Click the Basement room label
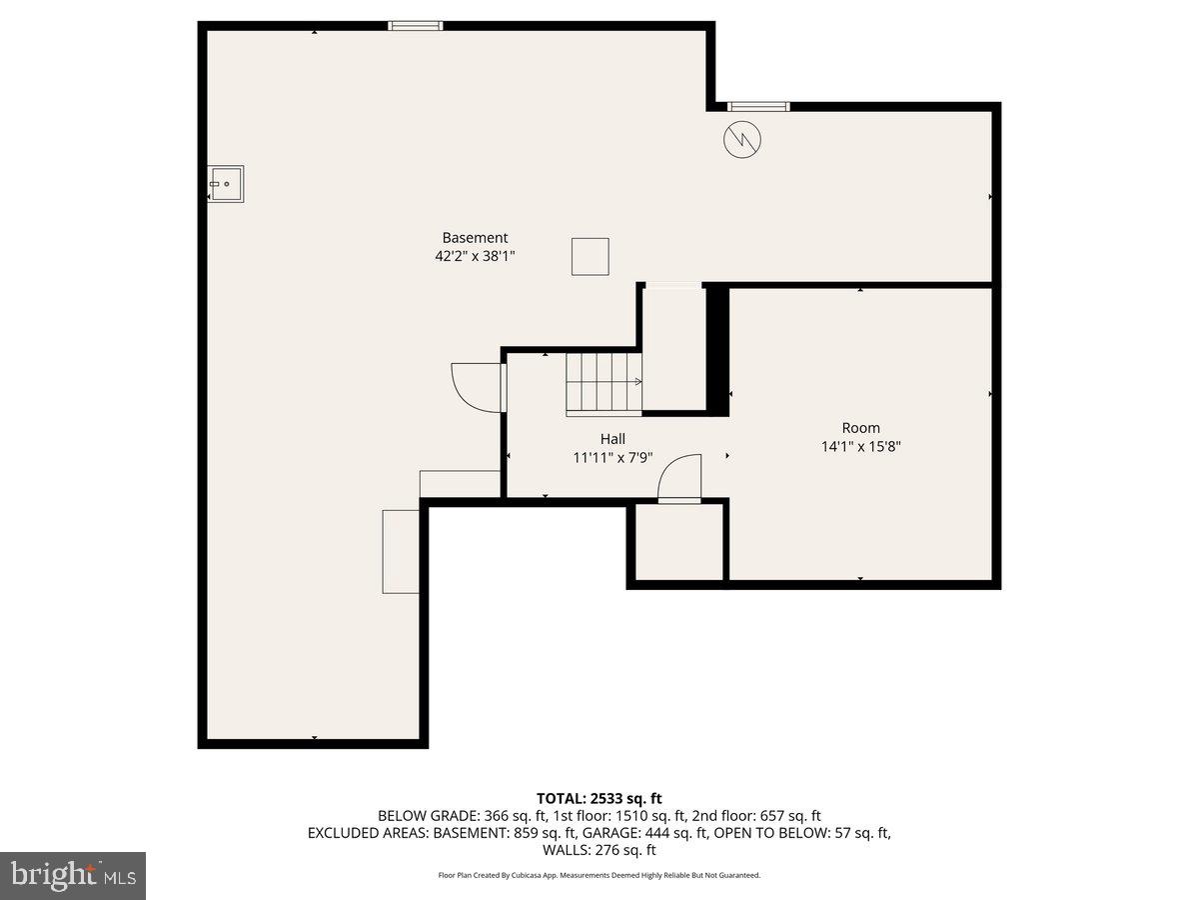475,238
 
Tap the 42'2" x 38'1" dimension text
475,256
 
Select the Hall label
612,439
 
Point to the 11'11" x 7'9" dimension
612,457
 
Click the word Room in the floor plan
860,428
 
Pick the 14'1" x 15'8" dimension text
860,447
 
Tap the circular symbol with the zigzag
741,140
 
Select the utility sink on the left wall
226,184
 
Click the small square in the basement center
590,256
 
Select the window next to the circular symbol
758,106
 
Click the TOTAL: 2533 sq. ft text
599,798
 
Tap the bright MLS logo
73,875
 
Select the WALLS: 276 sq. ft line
599,850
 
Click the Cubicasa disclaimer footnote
599,875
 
